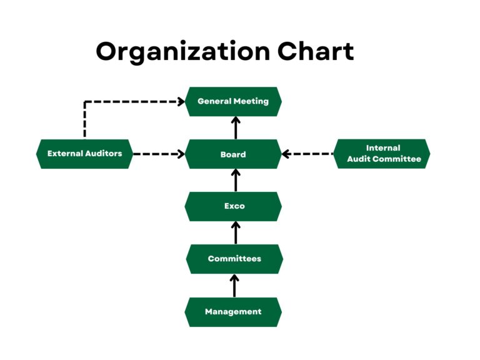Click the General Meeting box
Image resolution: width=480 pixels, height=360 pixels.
[233, 101]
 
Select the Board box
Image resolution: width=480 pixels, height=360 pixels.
[233, 154]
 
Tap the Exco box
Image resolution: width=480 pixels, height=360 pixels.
[233, 206]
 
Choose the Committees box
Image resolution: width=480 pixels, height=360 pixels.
[234, 259]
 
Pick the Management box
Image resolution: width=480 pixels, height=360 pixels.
[233, 311]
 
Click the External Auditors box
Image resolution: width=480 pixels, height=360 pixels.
[84, 154]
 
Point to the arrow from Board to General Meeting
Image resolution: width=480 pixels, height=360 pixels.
[236, 127]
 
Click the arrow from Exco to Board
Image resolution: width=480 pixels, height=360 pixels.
[236, 180]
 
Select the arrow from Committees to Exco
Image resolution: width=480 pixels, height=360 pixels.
[236, 232]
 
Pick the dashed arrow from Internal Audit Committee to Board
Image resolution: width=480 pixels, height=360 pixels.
[307, 154]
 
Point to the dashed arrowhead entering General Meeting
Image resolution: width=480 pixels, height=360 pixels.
[180, 101]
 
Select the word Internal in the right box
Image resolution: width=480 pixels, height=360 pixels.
[383, 148]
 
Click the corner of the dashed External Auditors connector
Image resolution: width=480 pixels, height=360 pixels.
[85, 101]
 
